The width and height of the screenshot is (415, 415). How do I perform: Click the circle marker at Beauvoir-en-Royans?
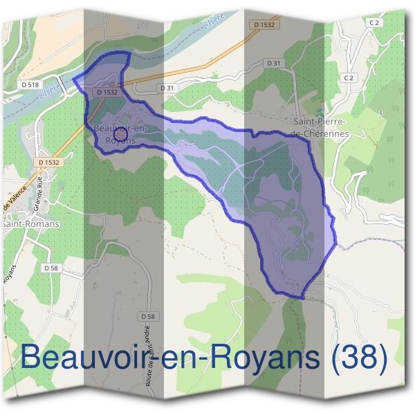[120, 133]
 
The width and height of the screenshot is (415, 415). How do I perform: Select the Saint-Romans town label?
[31, 224]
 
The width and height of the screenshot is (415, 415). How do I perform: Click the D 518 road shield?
[30, 84]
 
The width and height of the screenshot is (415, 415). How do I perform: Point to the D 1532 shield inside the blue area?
[108, 91]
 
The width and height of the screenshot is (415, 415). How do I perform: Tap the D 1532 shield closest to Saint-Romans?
[50, 162]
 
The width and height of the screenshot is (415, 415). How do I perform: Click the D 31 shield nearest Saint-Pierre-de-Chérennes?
[275, 64]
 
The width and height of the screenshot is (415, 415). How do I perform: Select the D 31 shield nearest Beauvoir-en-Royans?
[166, 88]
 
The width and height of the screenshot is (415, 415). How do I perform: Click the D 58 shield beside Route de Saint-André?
[147, 316]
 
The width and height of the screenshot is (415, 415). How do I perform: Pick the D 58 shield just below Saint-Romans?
[50, 268]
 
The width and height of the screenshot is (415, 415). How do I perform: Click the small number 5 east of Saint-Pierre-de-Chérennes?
[380, 111]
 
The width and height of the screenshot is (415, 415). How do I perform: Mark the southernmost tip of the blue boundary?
[302, 298]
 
